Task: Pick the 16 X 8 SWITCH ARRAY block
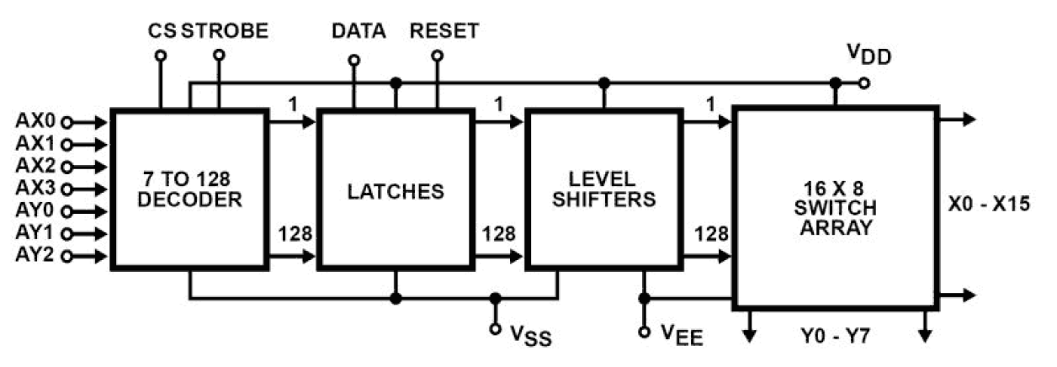tap(836, 207)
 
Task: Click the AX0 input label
tap(33, 120)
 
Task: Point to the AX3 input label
tap(33, 187)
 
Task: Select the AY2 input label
tap(33, 254)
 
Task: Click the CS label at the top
tap(162, 31)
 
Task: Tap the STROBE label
tap(226, 31)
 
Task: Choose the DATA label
tap(359, 31)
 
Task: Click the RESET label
tap(444, 31)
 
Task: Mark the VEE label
tap(679, 338)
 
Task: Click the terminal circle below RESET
tap(437, 56)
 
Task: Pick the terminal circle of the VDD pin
tap(864, 83)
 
